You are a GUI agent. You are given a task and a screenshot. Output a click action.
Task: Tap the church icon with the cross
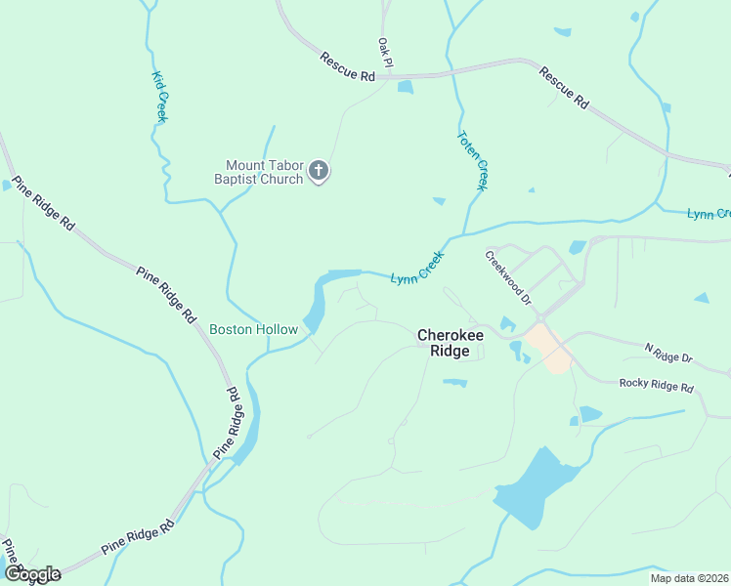coord(318,172)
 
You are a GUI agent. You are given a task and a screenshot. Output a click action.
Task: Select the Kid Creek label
coord(159,97)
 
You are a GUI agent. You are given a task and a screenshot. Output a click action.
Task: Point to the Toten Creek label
coord(472,160)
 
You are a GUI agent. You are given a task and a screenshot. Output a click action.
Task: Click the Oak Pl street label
coord(385,53)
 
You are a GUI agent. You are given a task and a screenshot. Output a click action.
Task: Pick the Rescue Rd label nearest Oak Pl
coord(347,68)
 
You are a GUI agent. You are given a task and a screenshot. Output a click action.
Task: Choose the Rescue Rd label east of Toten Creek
coord(564,87)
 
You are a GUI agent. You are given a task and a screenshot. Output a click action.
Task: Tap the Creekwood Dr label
coord(508,275)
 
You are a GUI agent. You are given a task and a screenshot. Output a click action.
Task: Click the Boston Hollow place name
coord(253,329)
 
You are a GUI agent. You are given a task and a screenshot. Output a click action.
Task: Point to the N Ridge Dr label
coord(667,354)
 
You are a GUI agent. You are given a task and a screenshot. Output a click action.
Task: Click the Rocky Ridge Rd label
coord(656,385)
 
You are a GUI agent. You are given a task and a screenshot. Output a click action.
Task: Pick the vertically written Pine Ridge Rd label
coord(228,423)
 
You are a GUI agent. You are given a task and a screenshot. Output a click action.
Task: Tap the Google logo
coord(32,574)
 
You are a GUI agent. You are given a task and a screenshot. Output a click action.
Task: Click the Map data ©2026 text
coord(689,578)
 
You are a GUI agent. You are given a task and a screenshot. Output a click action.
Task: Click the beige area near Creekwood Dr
coord(547,347)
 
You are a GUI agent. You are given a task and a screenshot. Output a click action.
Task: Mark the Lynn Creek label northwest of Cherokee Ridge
coord(417,268)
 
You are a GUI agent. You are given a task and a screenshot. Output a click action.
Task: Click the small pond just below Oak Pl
coord(405,87)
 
